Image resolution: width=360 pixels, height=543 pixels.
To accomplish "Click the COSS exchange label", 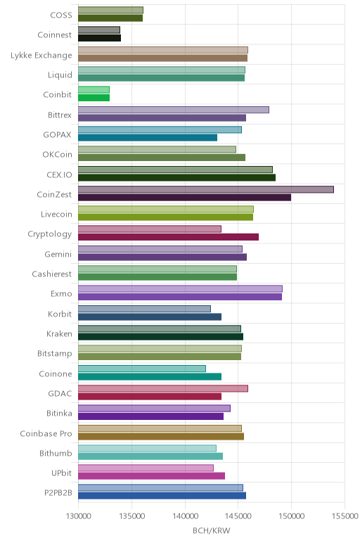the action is [61, 15].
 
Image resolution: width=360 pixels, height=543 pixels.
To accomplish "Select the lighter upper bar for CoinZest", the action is [206, 189].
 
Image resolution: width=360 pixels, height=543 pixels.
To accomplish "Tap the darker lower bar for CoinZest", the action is [184, 198].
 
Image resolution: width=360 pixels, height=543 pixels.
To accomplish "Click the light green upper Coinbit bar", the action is [94, 90].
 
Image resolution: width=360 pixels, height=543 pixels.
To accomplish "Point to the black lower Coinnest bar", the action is [99, 38].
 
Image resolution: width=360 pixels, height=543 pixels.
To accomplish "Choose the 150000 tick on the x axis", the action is [291, 516].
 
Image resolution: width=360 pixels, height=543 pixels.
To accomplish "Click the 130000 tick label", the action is [78, 516].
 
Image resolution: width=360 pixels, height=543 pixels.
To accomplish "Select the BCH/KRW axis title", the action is [211, 530].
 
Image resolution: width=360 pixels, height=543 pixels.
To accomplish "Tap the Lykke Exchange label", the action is [41, 56].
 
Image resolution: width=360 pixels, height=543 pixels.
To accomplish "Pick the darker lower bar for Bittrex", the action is [162, 117].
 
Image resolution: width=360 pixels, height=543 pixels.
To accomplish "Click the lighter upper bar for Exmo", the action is [180, 289].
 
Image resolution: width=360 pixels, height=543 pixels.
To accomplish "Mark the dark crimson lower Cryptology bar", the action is [168, 237].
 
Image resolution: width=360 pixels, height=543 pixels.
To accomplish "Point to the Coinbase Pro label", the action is [46, 433].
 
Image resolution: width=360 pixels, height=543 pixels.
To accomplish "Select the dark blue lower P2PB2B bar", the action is [162, 496].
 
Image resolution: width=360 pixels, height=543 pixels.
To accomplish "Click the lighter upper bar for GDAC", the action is [163, 388].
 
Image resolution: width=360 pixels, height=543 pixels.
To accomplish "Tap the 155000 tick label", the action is [345, 516].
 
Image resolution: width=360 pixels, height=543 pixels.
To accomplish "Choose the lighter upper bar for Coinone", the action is [142, 369].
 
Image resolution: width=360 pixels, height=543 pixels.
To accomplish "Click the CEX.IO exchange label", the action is [59, 174].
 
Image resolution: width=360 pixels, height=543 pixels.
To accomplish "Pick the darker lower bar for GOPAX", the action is [148, 137].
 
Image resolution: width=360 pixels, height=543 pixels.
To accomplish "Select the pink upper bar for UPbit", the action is [146, 468].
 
